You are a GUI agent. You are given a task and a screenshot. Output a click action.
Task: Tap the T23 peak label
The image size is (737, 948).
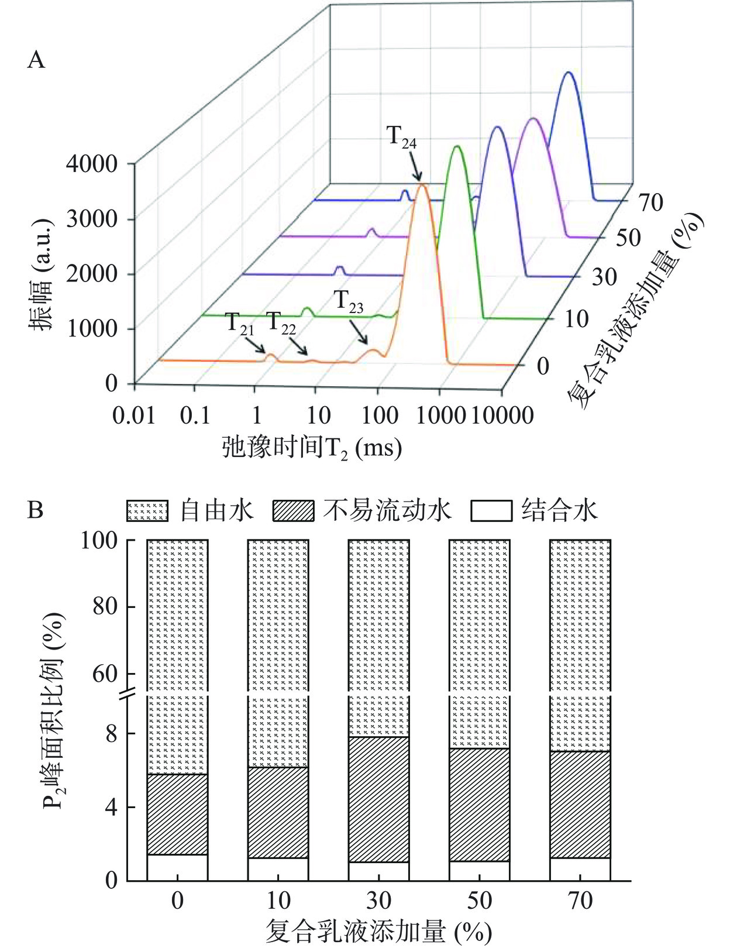pyautogui.click(x=349, y=302)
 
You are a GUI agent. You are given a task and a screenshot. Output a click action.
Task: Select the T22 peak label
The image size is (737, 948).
pyautogui.click(x=281, y=323)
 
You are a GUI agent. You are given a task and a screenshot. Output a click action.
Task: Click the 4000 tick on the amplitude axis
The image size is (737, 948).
pyautogui.click(x=91, y=164)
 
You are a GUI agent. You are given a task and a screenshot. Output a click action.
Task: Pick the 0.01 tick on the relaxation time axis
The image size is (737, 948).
pyautogui.click(x=134, y=416)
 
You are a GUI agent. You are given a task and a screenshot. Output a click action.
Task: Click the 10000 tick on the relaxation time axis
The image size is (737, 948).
pyautogui.click(x=502, y=416)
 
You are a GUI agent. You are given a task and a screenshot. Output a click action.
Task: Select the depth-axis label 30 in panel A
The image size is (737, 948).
pyautogui.click(x=604, y=277)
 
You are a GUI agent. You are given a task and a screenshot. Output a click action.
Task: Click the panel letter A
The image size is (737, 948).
pyautogui.click(x=36, y=60)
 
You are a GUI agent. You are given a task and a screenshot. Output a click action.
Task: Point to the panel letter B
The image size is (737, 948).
pyautogui.click(x=36, y=510)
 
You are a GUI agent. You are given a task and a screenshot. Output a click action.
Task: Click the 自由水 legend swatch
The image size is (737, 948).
pyautogui.click(x=147, y=511)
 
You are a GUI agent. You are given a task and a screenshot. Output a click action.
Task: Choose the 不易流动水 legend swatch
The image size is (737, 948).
pyautogui.click(x=293, y=511)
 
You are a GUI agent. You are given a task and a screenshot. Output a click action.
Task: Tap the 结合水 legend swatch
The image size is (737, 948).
pyautogui.click(x=491, y=511)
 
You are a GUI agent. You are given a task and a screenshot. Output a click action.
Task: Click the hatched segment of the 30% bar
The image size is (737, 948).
pyautogui.click(x=378, y=799)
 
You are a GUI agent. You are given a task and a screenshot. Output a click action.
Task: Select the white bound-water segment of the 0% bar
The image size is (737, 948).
pyautogui.click(x=177, y=867)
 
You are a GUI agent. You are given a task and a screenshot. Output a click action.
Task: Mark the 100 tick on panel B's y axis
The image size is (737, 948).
pyautogui.click(x=99, y=541)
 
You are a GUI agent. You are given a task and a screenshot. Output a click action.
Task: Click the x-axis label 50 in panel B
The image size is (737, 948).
pyautogui.click(x=479, y=901)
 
